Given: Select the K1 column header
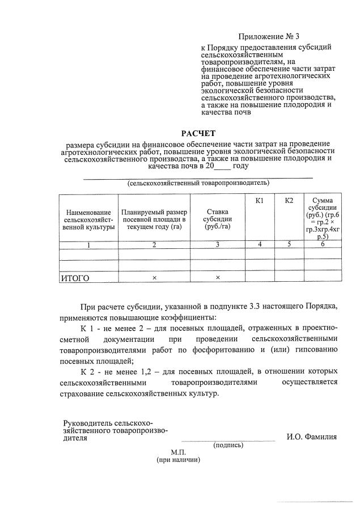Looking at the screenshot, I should click(x=260, y=201).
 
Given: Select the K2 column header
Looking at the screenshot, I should click(x=289, y=201).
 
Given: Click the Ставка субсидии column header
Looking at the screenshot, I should click(x=218, y=218).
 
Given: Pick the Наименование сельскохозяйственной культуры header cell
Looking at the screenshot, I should click(x=88, y=218).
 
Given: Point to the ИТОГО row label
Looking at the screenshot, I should click(x=75, y=278).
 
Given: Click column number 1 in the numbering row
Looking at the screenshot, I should click(x=88, y=245).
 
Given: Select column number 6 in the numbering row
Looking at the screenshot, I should click(x=322, y=245).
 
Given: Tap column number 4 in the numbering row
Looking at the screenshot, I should click(x=260, y=245).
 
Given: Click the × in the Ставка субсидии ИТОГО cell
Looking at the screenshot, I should click(x=218, y=278).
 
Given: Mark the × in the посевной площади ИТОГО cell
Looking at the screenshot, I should click(x=154, y=278).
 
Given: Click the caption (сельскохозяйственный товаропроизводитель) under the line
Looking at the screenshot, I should click(x=198, y=183).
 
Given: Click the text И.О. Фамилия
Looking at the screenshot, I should click(x=311, y=436).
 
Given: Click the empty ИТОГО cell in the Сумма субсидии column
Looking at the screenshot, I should click(x=322, y=278).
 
